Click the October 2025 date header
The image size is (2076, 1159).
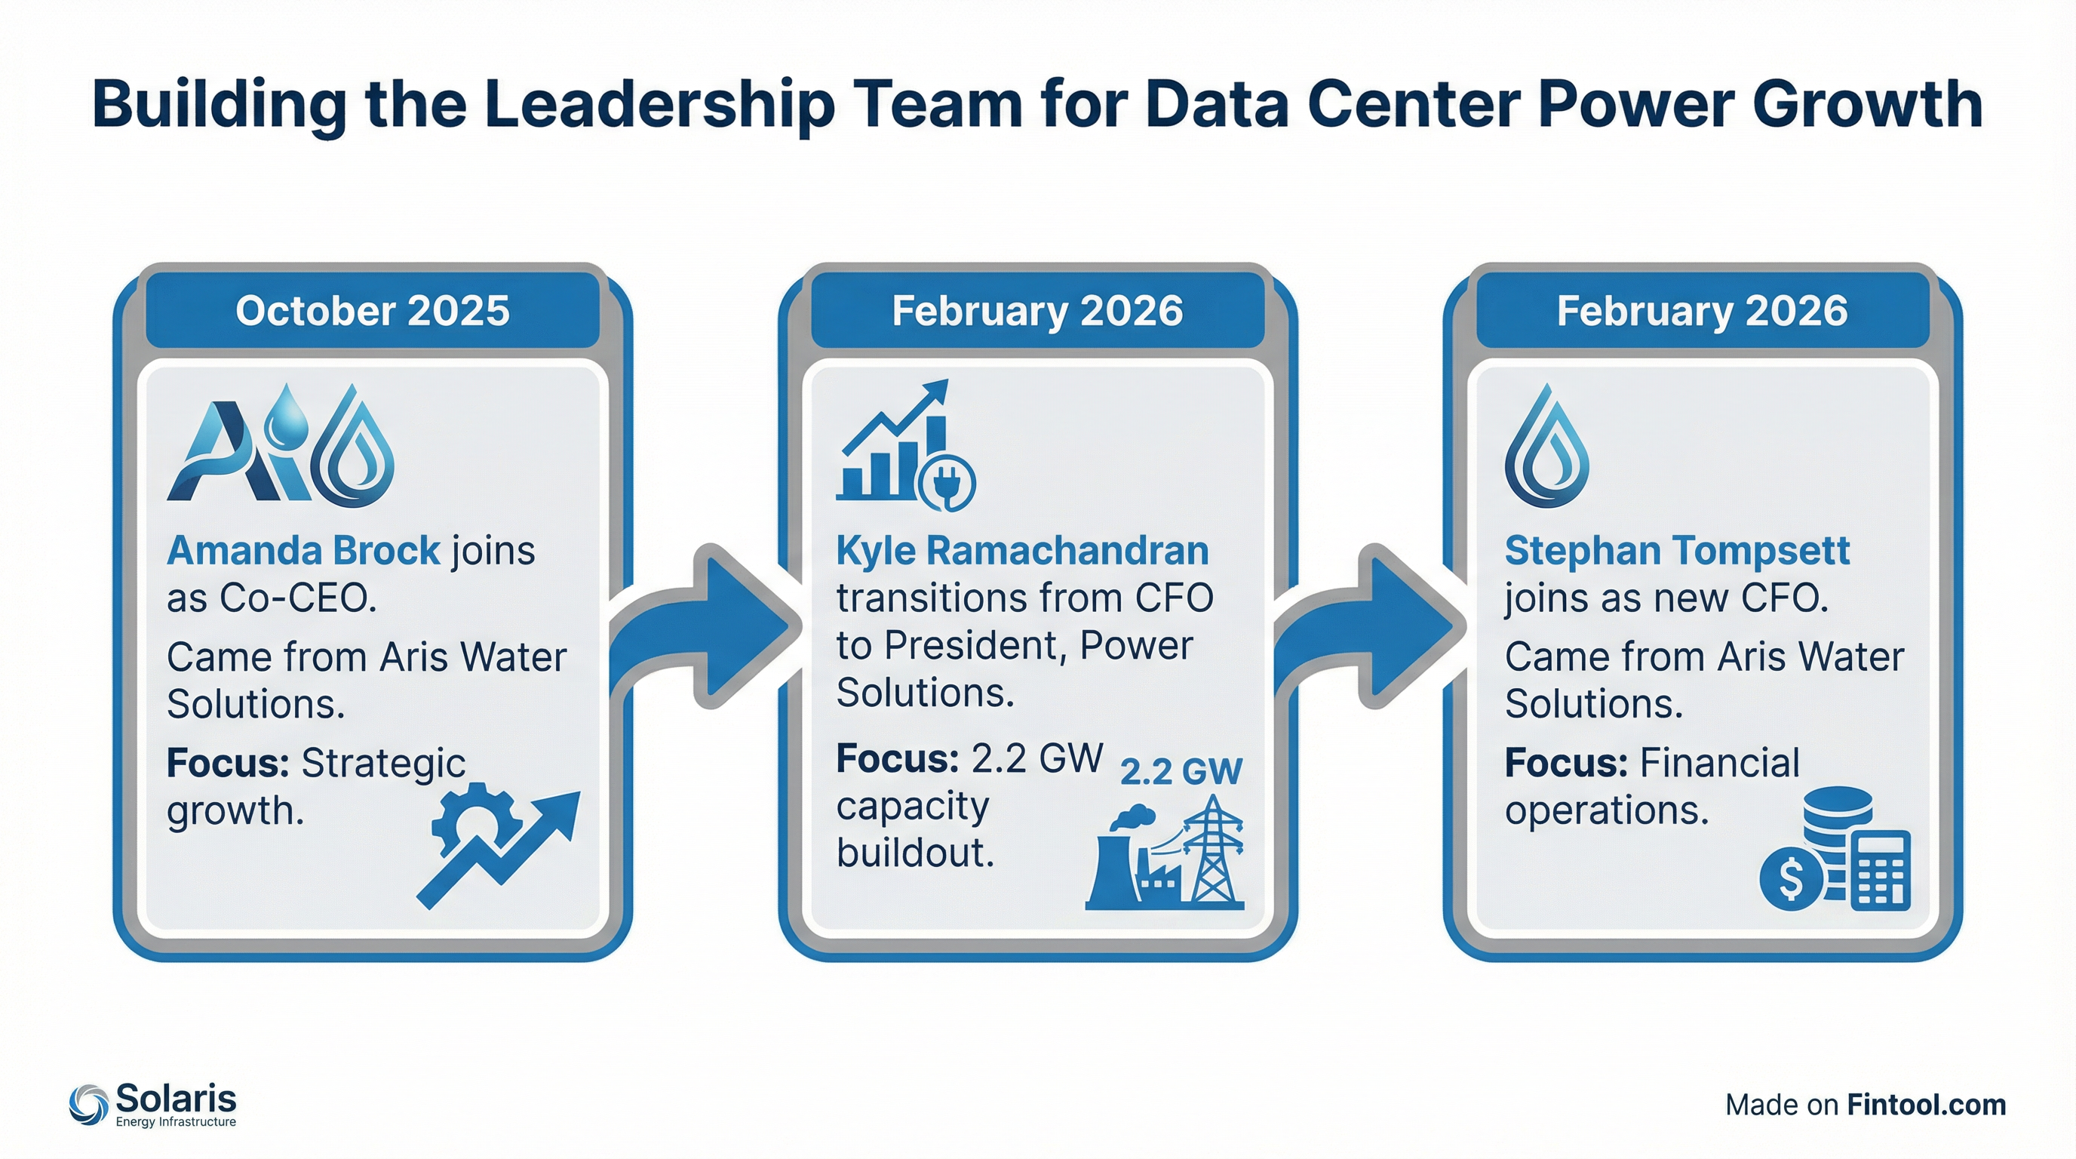(373, 311)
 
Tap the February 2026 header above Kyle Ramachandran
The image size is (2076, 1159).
(1037, 311)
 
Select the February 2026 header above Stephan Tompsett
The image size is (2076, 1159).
(1702, 311)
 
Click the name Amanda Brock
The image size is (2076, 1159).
(303, 552)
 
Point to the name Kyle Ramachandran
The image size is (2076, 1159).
(1022, 552)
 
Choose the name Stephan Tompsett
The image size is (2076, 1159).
(1676, 552)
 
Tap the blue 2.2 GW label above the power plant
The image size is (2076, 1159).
(1181, 772)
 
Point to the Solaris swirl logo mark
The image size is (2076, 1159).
(89, 1103)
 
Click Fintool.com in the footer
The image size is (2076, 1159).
(1925, 1105)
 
